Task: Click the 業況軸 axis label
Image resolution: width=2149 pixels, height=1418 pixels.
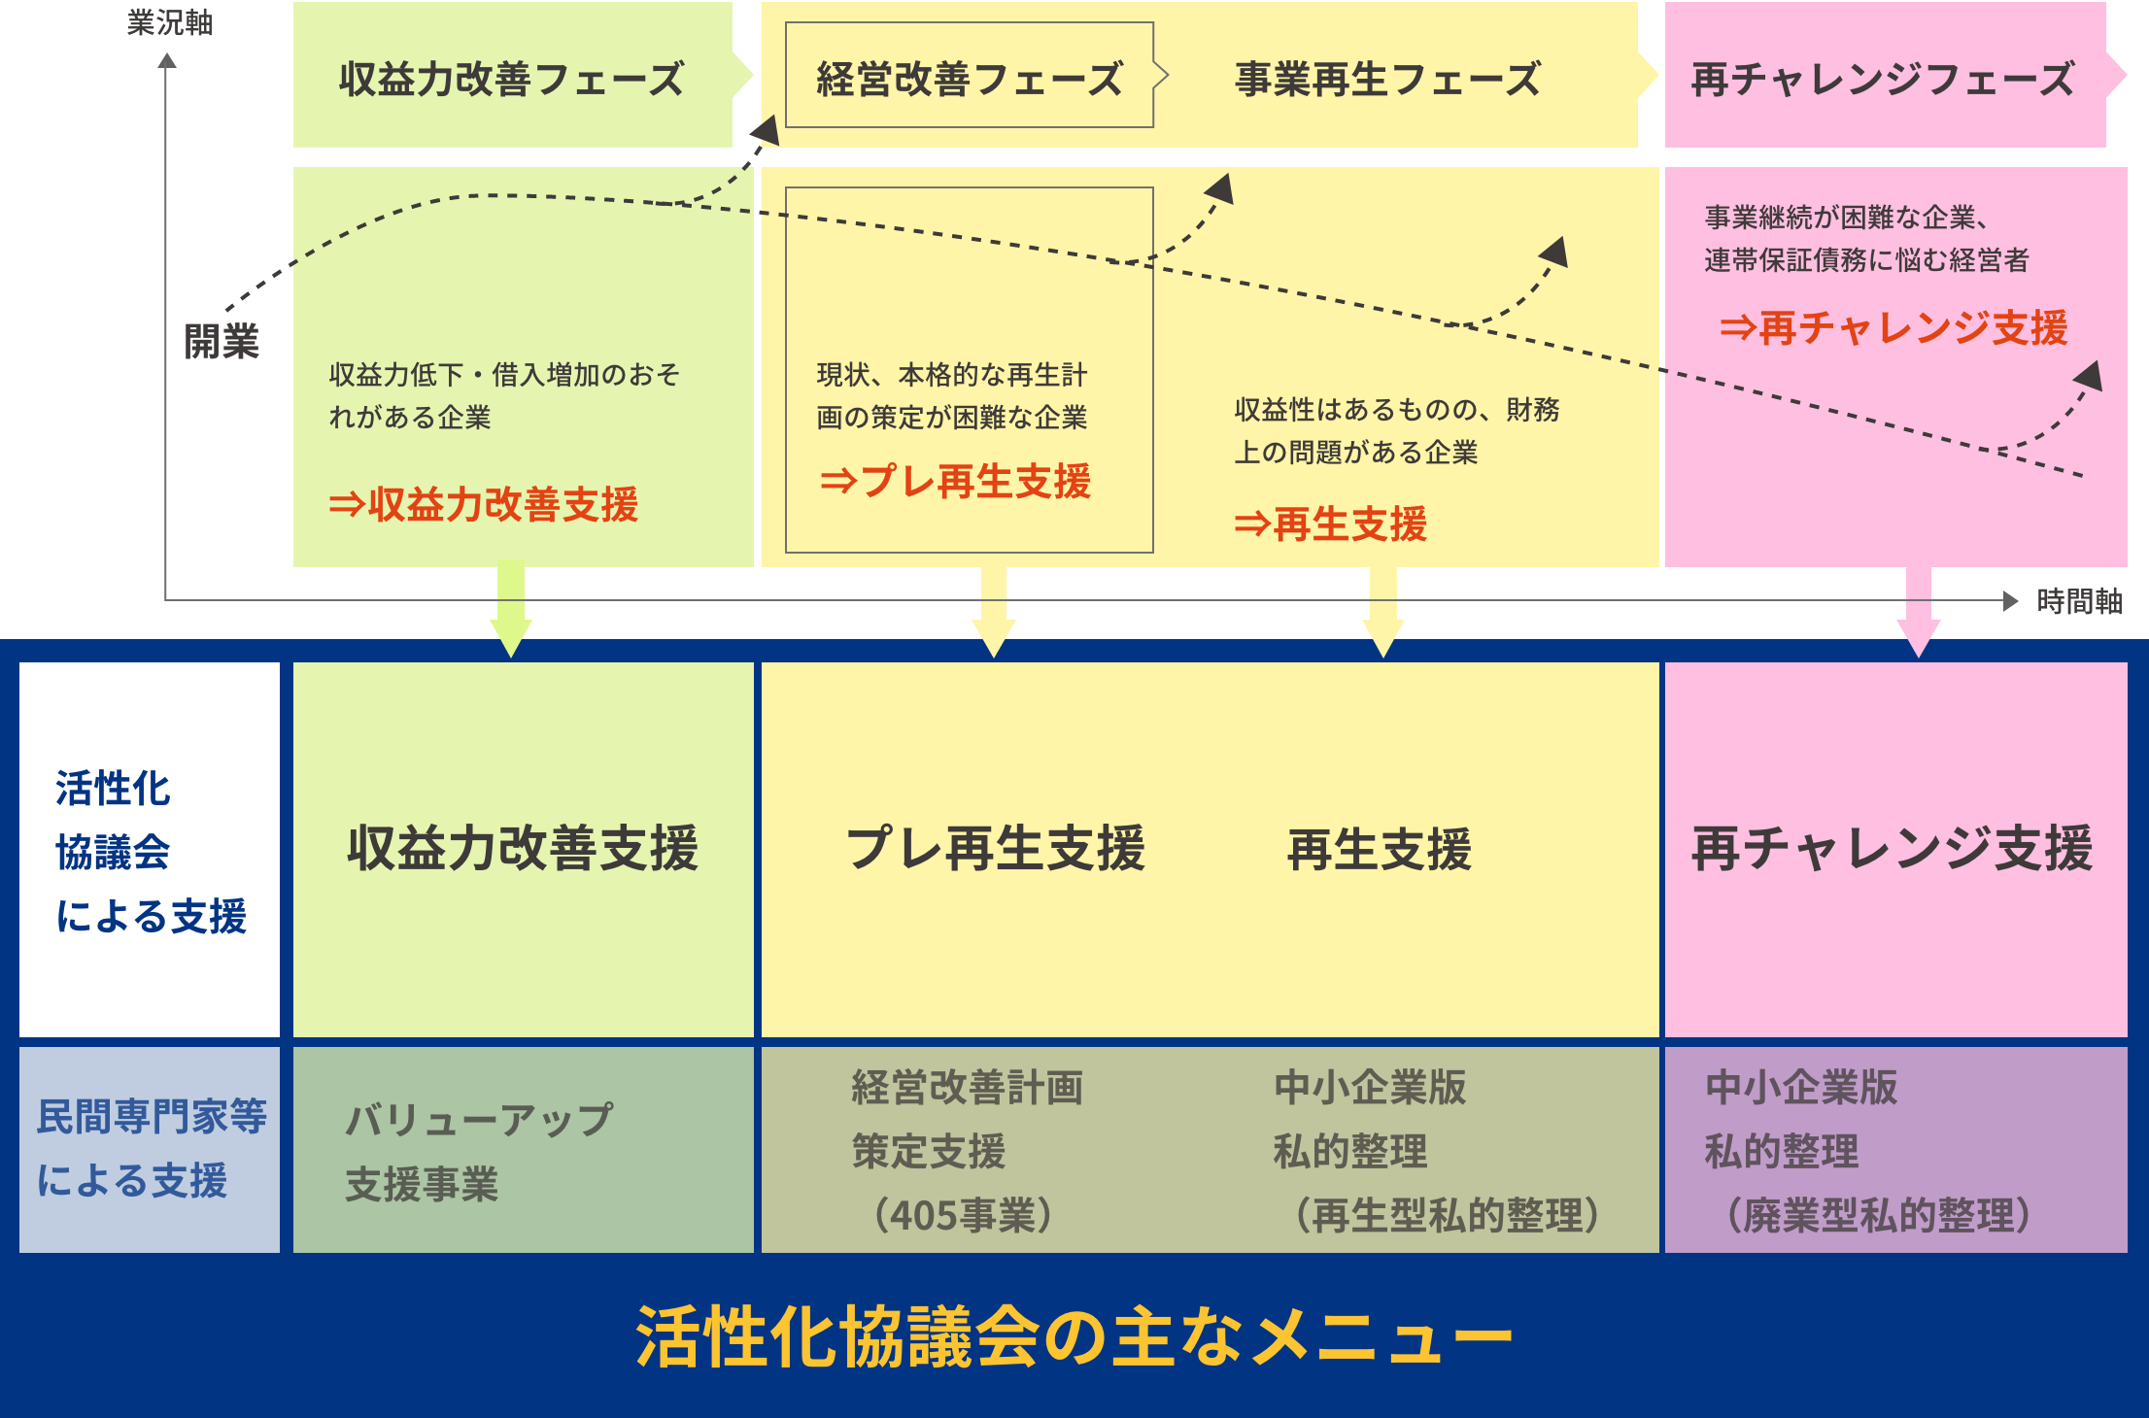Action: coord(169,22)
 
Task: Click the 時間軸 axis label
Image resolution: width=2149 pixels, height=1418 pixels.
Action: coord(2079,601)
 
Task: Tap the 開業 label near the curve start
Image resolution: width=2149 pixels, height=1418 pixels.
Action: coord(222,342)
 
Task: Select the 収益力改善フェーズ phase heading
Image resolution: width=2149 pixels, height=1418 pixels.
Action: coord(512,79)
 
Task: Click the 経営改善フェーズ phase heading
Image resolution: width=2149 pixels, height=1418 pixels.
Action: coord(969,79)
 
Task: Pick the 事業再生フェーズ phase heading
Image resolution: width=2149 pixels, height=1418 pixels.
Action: coord(1387,79)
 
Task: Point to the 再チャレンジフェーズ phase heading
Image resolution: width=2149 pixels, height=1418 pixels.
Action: coord(1883,79)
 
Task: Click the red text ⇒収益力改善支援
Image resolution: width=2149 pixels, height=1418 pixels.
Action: coord(484,505)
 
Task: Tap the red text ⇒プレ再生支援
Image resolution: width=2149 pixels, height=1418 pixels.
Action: coord(955,482)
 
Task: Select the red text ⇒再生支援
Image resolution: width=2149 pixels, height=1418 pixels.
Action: coord(1330,524)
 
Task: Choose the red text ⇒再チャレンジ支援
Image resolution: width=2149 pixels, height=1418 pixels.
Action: coord(1893,328)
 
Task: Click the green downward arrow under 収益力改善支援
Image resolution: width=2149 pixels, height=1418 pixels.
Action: coord(511,612)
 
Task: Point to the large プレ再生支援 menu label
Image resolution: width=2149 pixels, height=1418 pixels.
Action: coord(995,848)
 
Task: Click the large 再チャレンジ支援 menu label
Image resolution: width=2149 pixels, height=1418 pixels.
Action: coord(1892,848)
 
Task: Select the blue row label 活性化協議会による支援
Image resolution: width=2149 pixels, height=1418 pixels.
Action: coord(151,852)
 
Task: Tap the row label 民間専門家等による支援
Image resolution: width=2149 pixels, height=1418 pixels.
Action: coord(151,1148)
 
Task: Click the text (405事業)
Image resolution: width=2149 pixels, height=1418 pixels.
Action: coord(963,1215)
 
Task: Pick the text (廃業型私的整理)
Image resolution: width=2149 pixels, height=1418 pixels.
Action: coord(1878,1215)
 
